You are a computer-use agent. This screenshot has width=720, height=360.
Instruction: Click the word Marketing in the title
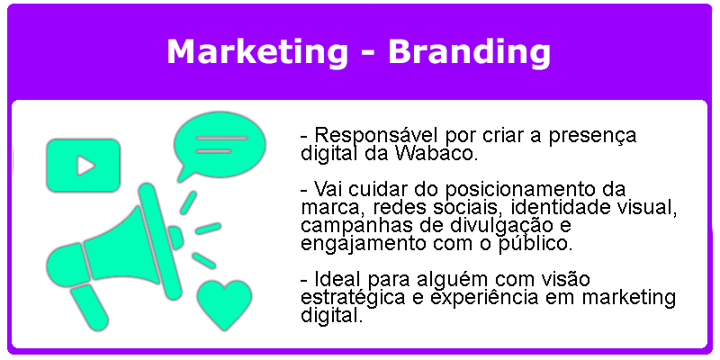pos(257,52)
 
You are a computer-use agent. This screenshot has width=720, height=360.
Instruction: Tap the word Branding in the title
pos(469,52)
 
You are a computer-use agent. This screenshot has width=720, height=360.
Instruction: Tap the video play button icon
pos(83,166)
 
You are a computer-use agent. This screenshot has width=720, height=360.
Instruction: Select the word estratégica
pos(353,298)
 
